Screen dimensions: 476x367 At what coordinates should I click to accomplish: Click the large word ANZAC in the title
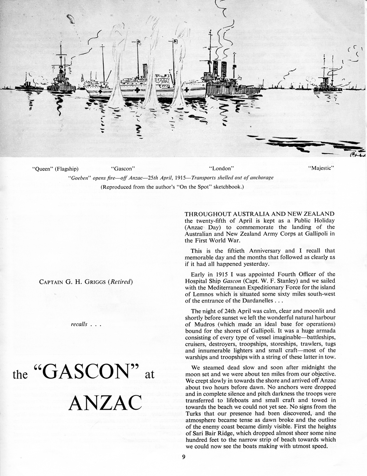[x=105, y=403]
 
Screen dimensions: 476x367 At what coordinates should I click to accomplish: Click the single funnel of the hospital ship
[x=144, y=70]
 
